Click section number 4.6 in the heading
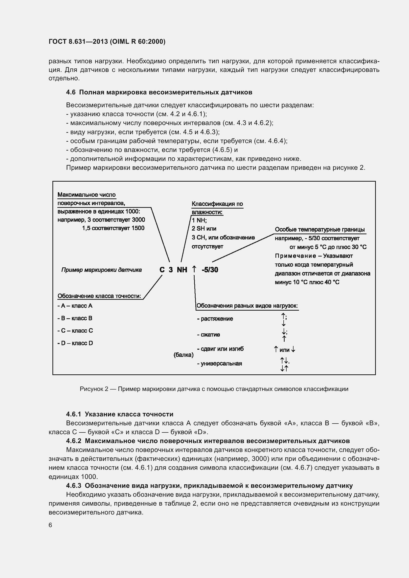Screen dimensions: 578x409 70,92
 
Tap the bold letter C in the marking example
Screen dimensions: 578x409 162,270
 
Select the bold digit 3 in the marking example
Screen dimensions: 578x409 171,270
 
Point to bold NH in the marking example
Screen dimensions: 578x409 182,270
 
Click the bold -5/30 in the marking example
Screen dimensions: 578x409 210,270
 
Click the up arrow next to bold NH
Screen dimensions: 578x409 194,269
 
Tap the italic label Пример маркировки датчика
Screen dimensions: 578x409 101,270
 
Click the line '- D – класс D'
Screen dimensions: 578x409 75,343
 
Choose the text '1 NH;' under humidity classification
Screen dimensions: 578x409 199,220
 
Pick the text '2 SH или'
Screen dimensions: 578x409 204,229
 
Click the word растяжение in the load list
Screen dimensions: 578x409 217,319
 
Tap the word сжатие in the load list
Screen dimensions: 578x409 210,335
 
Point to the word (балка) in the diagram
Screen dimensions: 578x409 183,355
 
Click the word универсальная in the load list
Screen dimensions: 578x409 221,364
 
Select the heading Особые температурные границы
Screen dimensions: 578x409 319,230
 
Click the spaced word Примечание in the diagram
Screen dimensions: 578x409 295,256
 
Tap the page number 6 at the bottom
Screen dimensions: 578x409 50,525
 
